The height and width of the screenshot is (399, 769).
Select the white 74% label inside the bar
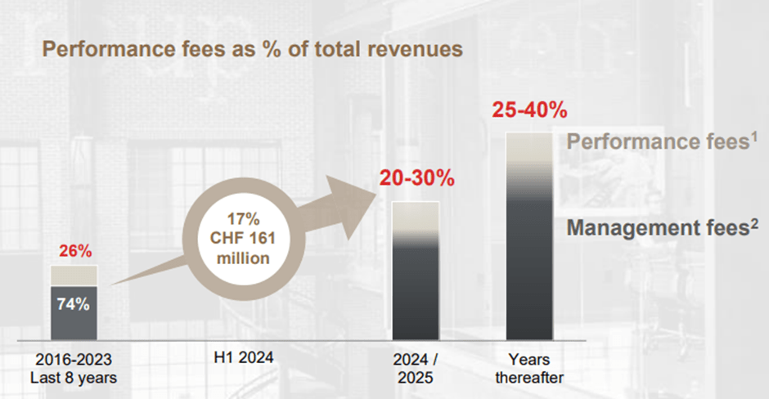tap(73, 303)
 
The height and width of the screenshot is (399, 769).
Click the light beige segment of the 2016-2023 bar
tap(74, 276)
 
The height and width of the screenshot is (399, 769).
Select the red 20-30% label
tap(416, 177)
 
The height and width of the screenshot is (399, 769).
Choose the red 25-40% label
tap(529, 109)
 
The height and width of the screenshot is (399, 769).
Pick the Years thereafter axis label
tap(529, 367)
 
